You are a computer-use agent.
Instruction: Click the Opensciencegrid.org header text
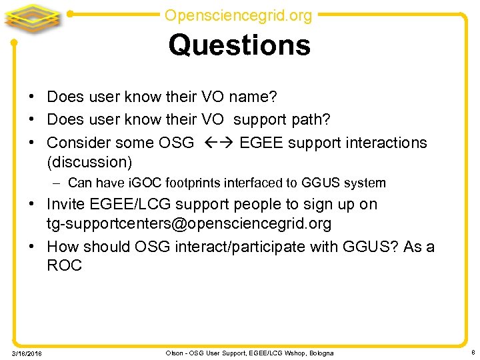click(x=238, y=15)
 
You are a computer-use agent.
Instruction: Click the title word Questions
click(x=239, y=45)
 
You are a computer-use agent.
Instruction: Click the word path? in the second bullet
click(x=311, y=120)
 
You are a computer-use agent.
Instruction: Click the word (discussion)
click(x=89, y=162)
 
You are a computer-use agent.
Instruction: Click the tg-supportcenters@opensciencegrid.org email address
click(x=189, y=223)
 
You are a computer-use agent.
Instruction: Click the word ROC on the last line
click(x=65, y=265)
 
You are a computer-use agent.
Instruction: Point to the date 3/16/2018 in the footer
click(x=27, y=353)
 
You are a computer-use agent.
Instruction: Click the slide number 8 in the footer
click(x=472, y=352)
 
